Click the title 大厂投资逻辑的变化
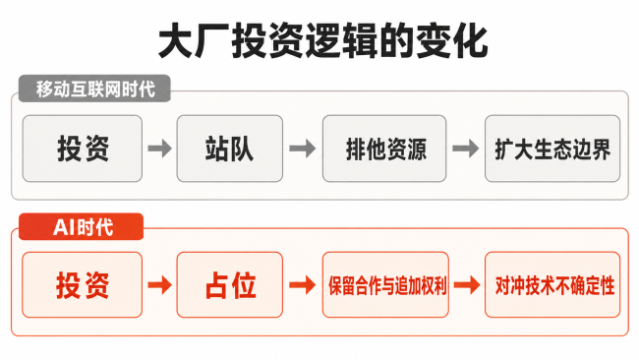click(x=322, y=41)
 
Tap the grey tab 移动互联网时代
click(x=94, y=89)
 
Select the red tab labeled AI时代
click(x=81, y=226)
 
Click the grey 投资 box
click(x=83, y=149)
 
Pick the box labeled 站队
click(x=230, y=149)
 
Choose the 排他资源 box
click(x=384, y=149)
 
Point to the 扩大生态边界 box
click(x=552, y=149)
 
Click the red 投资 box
click(x=83, y=284)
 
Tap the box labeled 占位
click(x=230, y=284)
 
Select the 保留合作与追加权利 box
click(x=385, y=284)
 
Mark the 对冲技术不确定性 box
click(x=552, y=284)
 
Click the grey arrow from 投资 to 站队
click(x=159, y=149)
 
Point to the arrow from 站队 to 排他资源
click(x=303, y=149)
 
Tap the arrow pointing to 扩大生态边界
click(x=466, y=149)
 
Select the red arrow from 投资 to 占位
click(x=159, y=285)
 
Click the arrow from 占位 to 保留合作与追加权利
click(x=303, y=285)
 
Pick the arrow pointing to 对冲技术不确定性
click(x=467, y=285)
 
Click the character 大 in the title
click(x=176, y=41)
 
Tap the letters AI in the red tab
click(x=64, y=227)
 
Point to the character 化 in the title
click(x=471, y=41)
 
